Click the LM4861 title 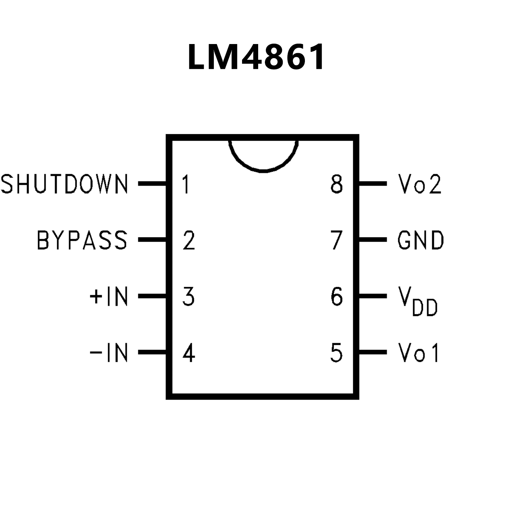point(256,57)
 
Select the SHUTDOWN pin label point(65,184)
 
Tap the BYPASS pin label point(82,240)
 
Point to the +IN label point(109,296)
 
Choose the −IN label point(109,353)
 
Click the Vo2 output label point(419,184)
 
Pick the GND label point(421,240)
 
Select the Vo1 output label point(419,353)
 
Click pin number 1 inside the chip point(186,184)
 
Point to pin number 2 point(189,240)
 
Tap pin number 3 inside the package point(189,296)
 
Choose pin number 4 point(189,353)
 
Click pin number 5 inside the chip point(336,353)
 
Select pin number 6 point(336,296)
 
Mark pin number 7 point(336,240)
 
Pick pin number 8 point(336,184)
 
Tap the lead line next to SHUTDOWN point(152,184)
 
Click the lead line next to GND point(373,240)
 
